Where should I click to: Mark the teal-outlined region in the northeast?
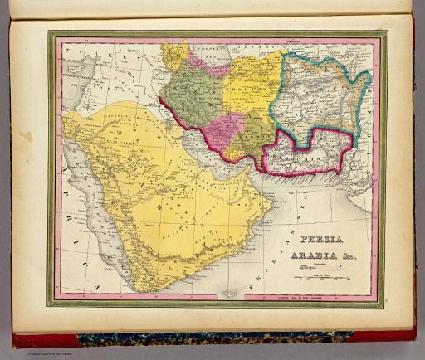tap(324, 95)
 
